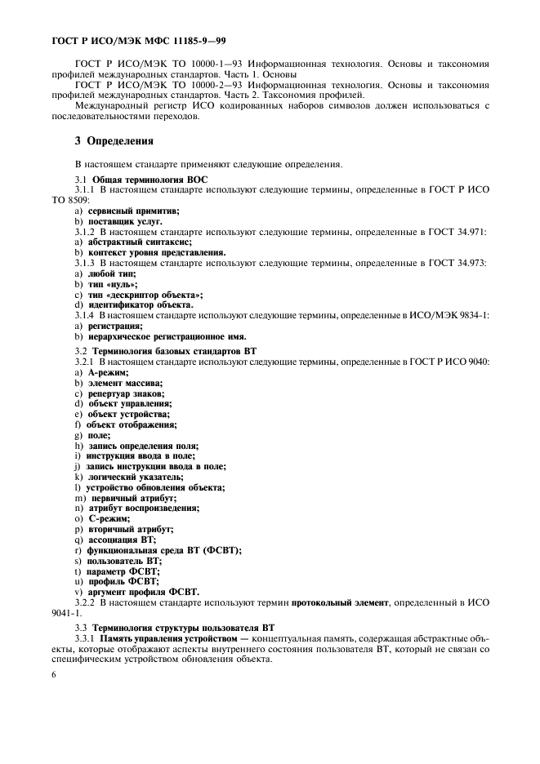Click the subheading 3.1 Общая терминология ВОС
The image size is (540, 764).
click(141, 178)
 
